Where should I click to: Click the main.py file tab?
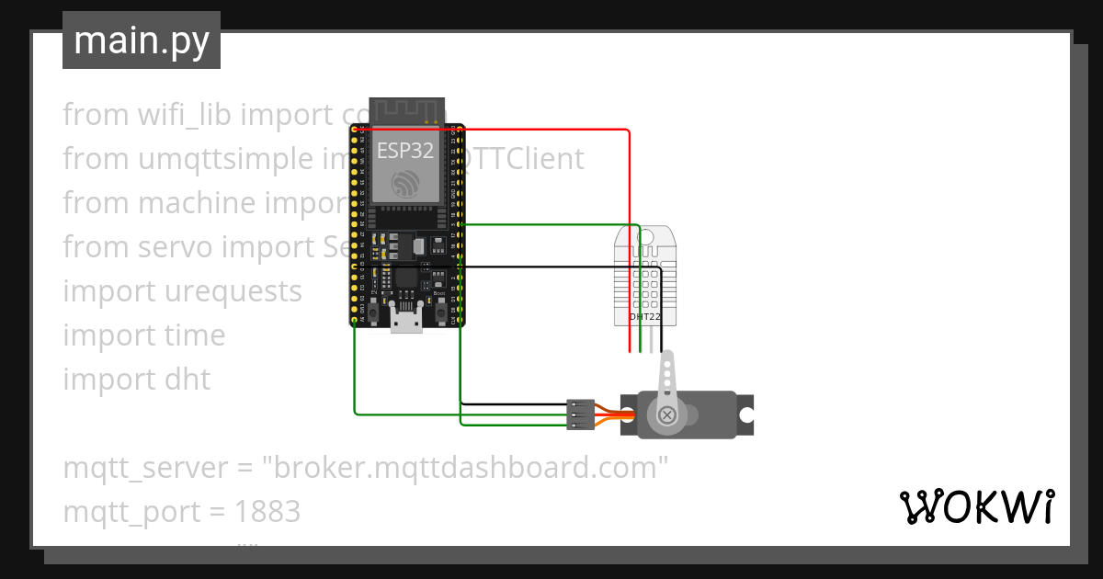(x=141, y=40)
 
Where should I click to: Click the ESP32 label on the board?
(x=404, y=152)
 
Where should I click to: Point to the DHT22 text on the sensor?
(x=644, y=316)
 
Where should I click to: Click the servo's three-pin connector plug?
(x=580, y=414)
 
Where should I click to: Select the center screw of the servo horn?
(x=667, y=415)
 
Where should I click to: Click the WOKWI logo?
(x=976, y=506)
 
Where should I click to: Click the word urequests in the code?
(x=233, y=291)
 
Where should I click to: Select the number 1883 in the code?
(x=267, y=512)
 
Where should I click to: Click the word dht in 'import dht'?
(x=187, y=380)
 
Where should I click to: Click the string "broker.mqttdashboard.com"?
(x=464, y=468)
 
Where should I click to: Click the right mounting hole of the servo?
(x=746, y=414)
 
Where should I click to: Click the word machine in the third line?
(x=197, y=203)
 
